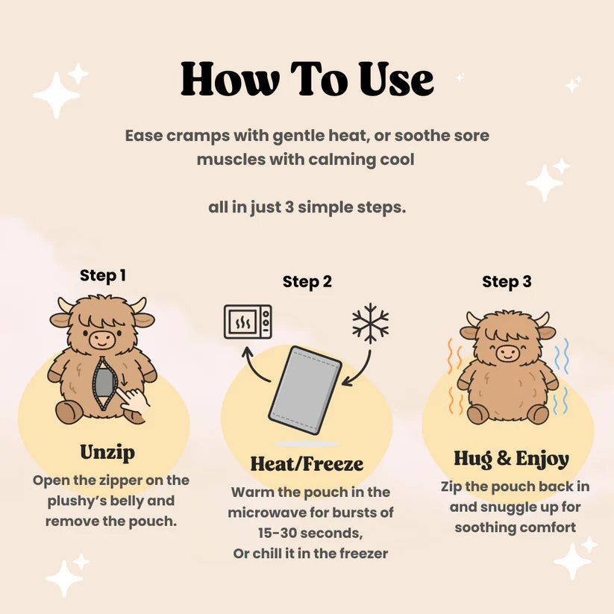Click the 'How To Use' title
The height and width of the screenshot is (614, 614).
tap(307, 80)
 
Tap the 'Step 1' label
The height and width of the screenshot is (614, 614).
tap(103, 275)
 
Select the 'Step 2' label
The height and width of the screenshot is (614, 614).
tap(307, 282)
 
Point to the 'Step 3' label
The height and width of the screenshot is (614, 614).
tap(507, 282)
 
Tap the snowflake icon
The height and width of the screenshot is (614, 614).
tap(371, 323)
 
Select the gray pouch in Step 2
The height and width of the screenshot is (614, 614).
tap(305, 390)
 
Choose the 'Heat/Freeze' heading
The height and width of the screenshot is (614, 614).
tap(307, 463)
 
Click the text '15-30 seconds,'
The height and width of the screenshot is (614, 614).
tap(307, 534)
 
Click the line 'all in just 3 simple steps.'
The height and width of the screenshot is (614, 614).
tap(307, 207)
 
